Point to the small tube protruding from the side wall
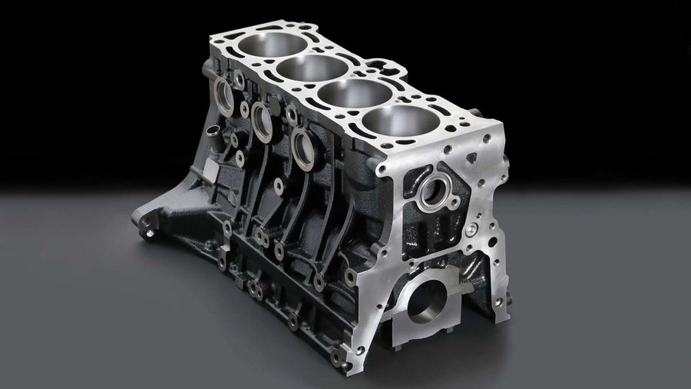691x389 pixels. [x=214, y=141]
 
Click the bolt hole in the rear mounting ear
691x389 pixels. [x=147, y=227]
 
